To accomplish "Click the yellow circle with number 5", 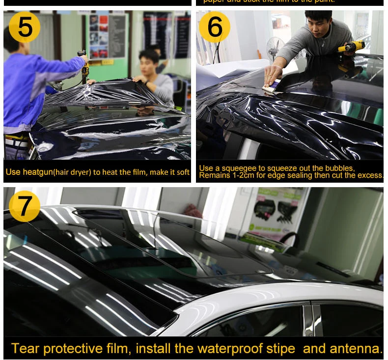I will [25, 27].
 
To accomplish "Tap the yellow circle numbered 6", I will [215, 27].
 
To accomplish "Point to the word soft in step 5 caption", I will [183, 172].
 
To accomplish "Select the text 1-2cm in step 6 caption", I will [241, 175].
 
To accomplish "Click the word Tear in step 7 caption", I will [24, 349].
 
